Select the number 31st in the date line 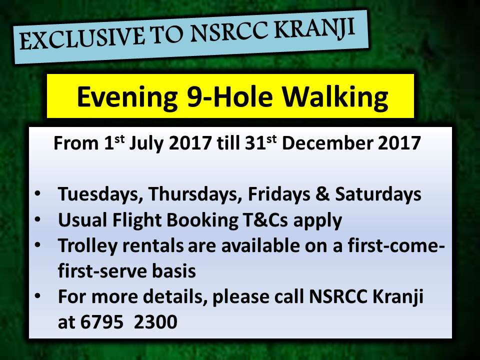point(261,142)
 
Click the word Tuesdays point(100,194)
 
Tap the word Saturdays point(378,194)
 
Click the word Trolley point(87,246)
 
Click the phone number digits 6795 point(102,322)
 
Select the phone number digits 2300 point(155,322)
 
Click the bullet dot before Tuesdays point(37,194)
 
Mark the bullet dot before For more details point(37,296)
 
